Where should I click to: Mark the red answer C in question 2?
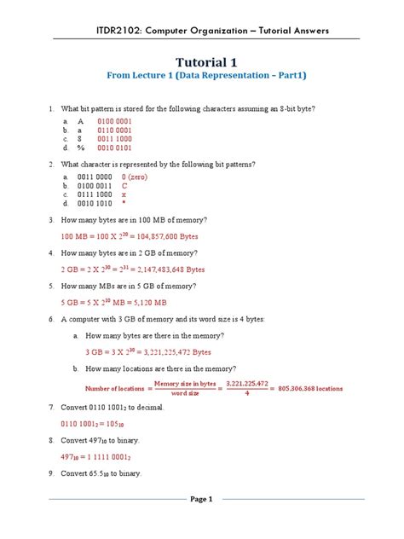click(x=124, y=186)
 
